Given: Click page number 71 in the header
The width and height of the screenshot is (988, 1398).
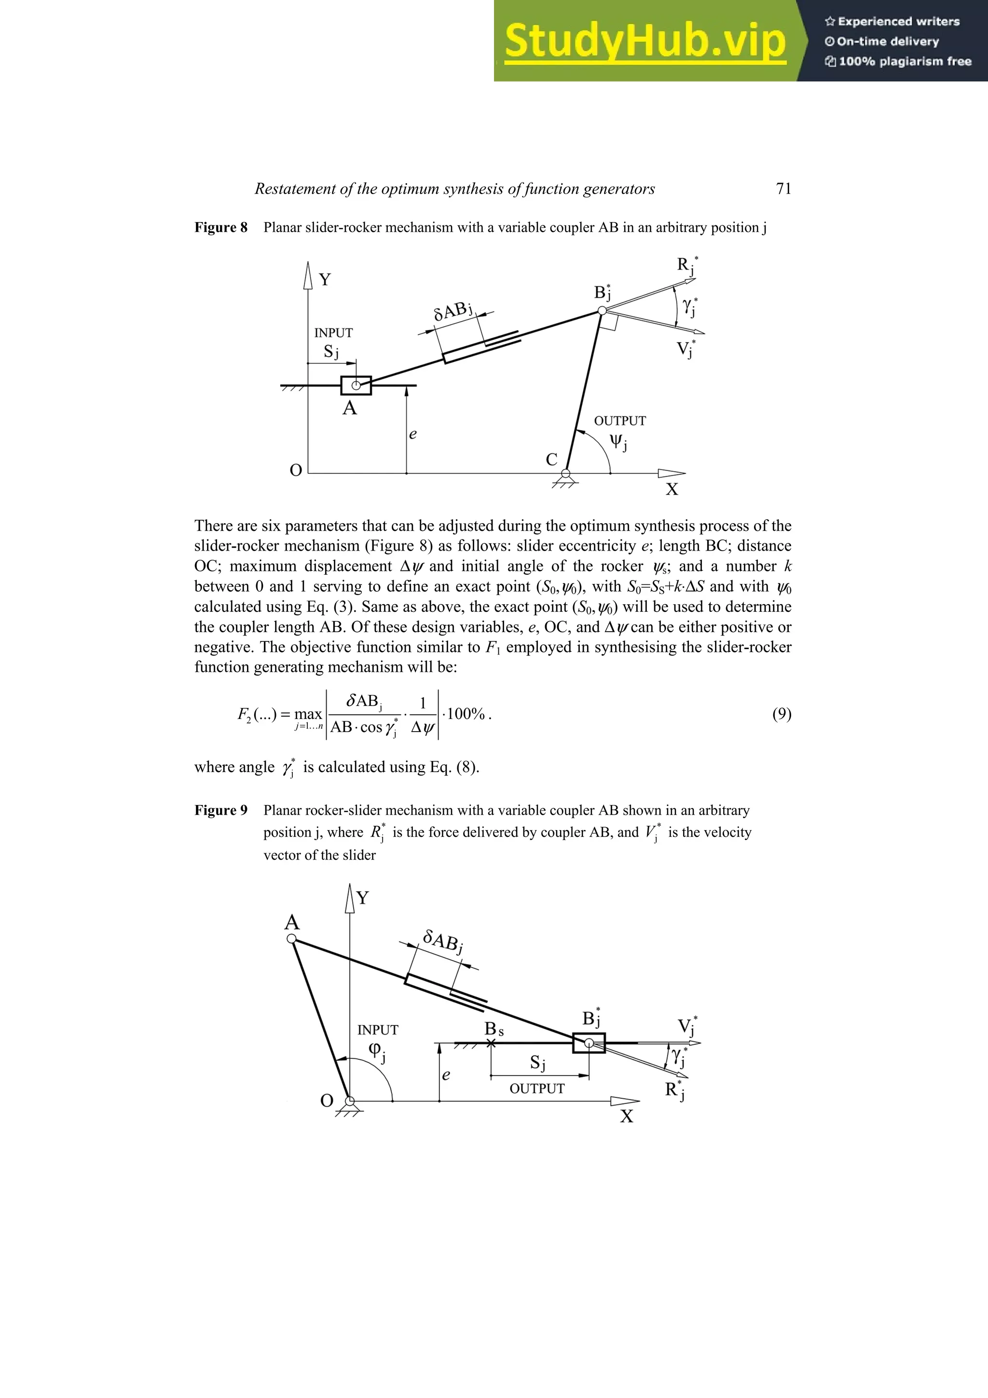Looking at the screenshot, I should pos(783,189).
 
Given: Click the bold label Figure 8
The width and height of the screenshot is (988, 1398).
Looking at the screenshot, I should pos(221,228).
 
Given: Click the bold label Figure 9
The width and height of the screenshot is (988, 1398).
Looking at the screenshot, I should pos(221,810).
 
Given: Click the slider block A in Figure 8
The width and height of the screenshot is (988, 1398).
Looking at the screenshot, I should pos(356,386).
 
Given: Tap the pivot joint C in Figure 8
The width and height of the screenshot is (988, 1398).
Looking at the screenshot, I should pos(565,473).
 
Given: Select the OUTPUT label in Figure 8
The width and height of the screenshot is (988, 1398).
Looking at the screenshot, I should pos(620,421).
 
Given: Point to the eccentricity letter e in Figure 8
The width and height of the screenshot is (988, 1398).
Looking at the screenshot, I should pos(413,434).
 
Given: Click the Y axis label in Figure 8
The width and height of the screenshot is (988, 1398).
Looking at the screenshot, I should pos(325,279).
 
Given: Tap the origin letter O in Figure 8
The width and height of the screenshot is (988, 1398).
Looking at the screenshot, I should pos(296,471).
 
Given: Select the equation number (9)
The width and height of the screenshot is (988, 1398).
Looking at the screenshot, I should pos(782,714).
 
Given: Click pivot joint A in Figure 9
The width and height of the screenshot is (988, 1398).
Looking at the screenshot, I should pos(291,939).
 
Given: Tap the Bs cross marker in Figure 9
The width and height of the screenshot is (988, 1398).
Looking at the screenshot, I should pos(491,1043).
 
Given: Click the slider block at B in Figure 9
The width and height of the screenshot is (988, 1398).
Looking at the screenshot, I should pos(589,1043).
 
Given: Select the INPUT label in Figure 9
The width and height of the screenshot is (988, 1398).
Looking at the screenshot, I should pos(377,1030).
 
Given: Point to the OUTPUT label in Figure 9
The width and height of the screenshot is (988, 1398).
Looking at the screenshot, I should pos(537,1089).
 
